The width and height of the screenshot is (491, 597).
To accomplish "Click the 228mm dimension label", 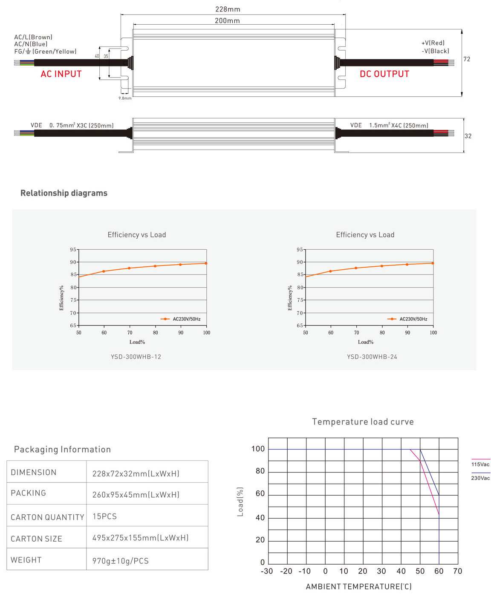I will pyautogui.click(x=228, y=9).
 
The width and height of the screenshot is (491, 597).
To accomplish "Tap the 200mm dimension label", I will pyautogui.click(x=227, y=20).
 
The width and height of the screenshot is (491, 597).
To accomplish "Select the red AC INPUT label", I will pyautogui.click(x=61, y=74).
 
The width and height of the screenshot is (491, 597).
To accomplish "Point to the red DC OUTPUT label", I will pyautogui.click(x=384, y=74).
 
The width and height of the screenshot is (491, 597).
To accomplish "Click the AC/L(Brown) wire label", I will pyautogui.click(x=33, y=37).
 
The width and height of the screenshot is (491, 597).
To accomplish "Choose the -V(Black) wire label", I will pyautogui.click(x=435, y=51).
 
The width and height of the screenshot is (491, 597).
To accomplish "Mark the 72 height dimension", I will pyautogui.click(x=467, y=59).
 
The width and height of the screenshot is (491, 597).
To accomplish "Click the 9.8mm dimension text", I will pyautogui.click(x=125, y=98).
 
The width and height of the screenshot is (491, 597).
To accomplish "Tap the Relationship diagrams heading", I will pyautogui.click(x=64, y=193).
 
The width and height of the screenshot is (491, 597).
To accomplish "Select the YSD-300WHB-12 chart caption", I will pyautogui.click(x=136, y=357).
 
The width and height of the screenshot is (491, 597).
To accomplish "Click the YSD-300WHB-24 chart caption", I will pyautogui.click(x=372, y=357).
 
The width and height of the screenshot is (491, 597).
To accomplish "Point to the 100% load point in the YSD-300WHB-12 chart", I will pyautogui.click(x=206, y=263).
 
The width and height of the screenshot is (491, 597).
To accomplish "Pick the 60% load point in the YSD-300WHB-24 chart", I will pyautogui.click(x=330, y=271).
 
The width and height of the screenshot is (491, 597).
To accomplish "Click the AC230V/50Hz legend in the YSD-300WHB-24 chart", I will pyautogui.click(x=413, y=319).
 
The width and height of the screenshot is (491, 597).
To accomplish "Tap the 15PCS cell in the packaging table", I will pyautogui.click(x=104, y=516).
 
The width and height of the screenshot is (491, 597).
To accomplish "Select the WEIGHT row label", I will pyautogui.click(x=26, y=560).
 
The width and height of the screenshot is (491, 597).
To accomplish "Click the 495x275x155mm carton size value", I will pyautogui.click(x=140, y=538).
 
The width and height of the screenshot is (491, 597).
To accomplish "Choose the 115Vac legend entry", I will pyautogui.click(x=480, y=464).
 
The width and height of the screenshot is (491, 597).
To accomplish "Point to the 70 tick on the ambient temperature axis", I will pyautogui.click(x=457, y=571).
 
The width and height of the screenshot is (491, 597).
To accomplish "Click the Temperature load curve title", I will pyautogui.click(x=363, y=422).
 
